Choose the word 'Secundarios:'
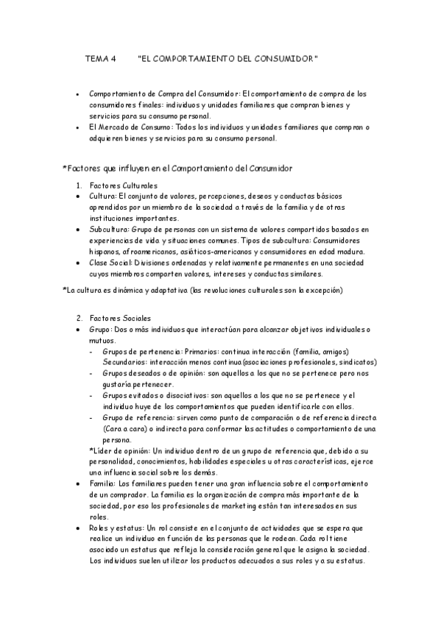pyautogui.click(x=124, y=362)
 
